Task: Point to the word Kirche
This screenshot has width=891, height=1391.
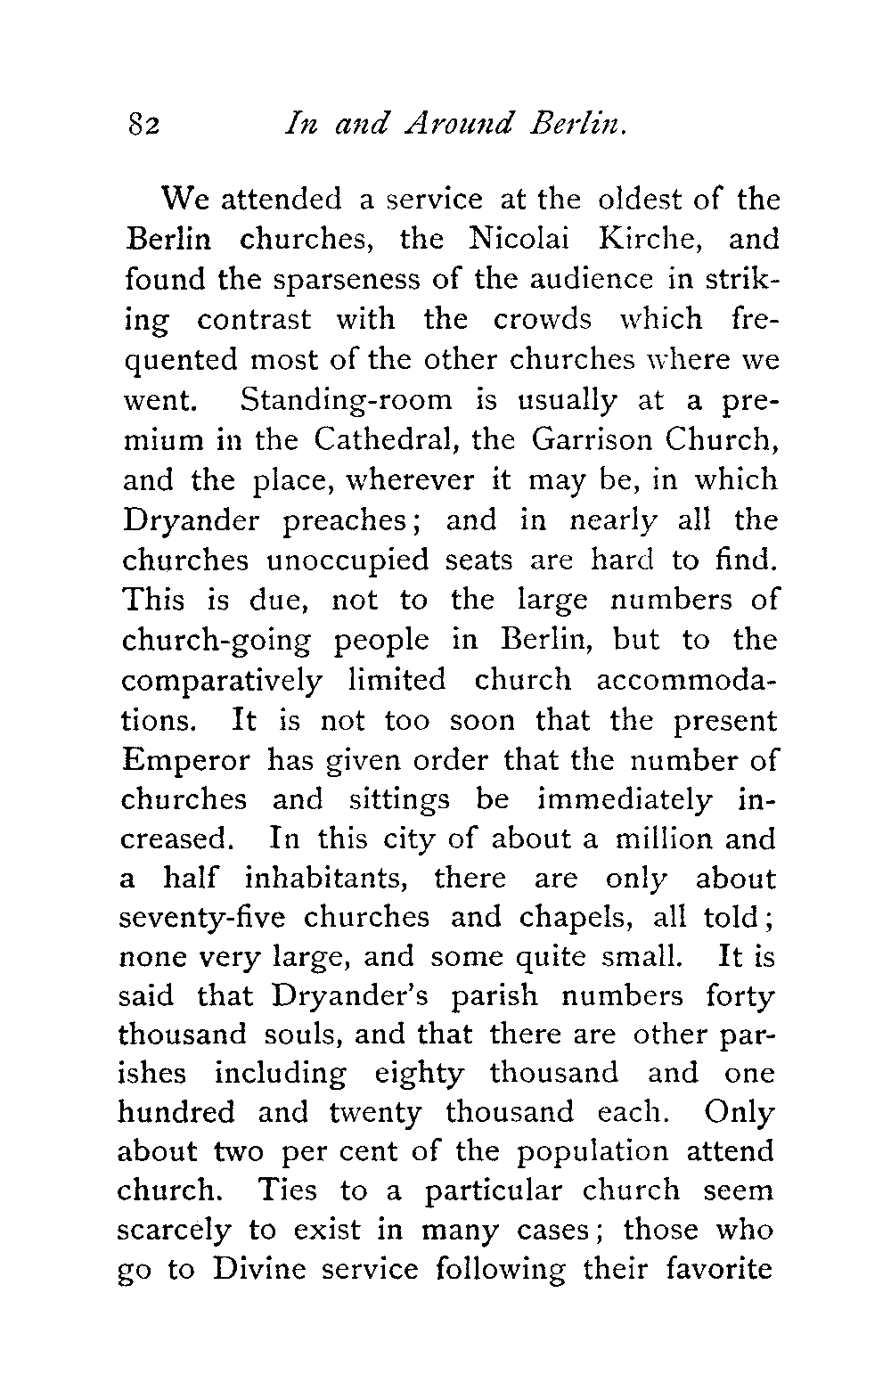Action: click(x=655, y=241)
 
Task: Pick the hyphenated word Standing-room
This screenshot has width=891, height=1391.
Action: click(x=347, y=400)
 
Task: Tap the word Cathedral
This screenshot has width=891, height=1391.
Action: click(x=385, y=439)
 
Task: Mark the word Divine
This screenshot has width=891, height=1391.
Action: click(x=257, y=1269)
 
